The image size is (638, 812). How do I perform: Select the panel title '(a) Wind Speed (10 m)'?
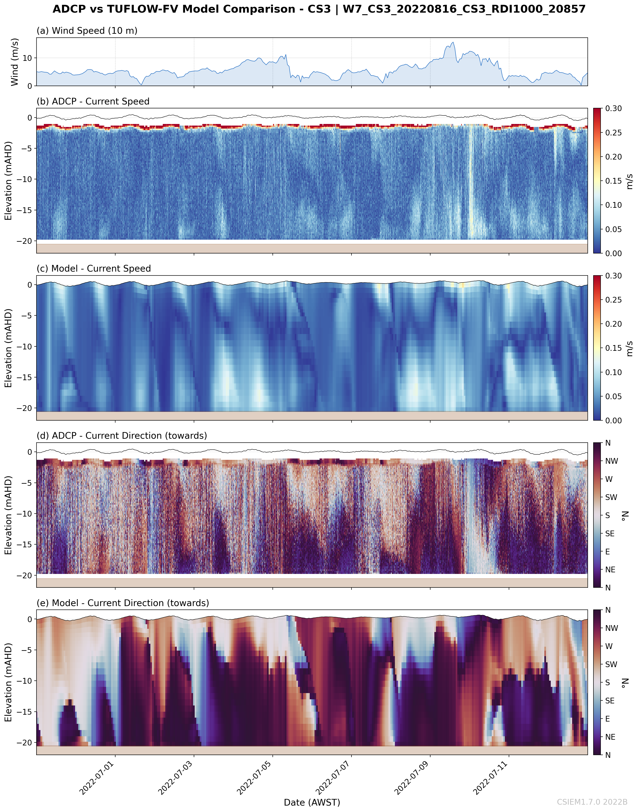click(87, 31)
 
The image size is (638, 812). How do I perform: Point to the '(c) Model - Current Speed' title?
click(93, 269)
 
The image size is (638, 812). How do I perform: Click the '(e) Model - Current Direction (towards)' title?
click(123, 603)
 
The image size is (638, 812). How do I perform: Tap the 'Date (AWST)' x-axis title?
click(312, 802)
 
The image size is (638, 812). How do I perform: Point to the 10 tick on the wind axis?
click(27, 58)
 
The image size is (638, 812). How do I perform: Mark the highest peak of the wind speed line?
click(453, 42)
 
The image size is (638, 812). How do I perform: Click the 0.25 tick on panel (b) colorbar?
click(613, 133)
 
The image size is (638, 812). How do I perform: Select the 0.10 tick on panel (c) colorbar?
click(613, 372)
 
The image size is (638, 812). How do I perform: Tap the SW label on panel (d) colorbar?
click(611, 497)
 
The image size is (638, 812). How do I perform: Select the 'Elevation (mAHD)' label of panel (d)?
click(8, 515)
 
